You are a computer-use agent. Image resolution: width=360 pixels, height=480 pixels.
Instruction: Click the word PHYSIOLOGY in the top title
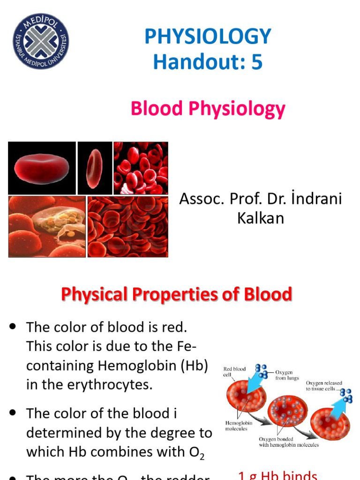click(208, 37)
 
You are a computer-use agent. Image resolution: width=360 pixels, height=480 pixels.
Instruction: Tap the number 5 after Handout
click(257, 62)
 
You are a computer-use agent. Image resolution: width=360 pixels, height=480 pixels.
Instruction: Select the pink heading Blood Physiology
click(208, 109)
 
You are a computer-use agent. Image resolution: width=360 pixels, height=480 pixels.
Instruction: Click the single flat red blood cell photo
click(42, 168)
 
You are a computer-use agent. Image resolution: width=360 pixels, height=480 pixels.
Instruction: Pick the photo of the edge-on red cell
click(95, 168)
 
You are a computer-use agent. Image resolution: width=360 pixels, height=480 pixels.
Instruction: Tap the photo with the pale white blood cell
click(47, 226)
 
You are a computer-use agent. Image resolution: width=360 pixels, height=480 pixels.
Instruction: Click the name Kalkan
click(261, 218)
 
